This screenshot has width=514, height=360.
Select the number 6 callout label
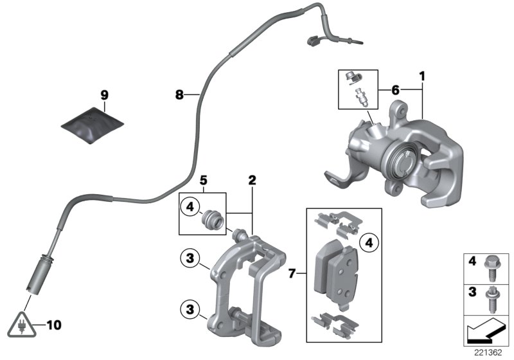coord(394,90)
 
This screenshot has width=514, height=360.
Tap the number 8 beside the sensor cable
coord(181,95)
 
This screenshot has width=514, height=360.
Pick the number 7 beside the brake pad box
coord(293,274)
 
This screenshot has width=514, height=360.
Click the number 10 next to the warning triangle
coord(54,325)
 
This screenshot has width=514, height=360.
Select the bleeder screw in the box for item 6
coord(360,98)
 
